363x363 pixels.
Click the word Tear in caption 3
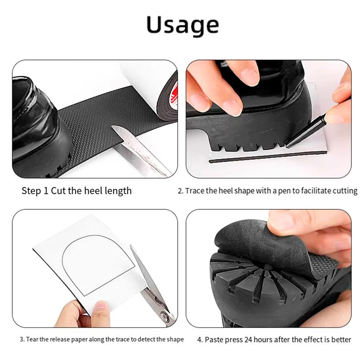point(33,339)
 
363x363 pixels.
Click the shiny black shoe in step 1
point(34,123)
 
